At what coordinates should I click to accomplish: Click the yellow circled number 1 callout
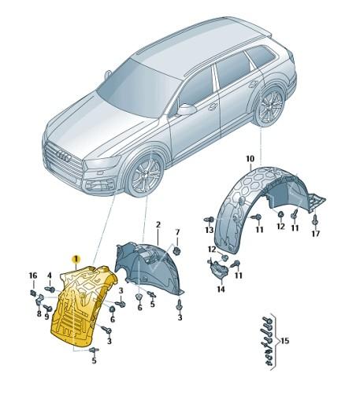pos(76,258)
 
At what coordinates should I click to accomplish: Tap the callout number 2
pos(158,225)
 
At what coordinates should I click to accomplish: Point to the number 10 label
pos(249,160)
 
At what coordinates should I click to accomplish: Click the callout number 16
pos(32,275)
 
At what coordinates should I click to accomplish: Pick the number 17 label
pos(315,233)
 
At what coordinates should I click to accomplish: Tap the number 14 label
pos(221,290)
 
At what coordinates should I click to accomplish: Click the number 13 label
pos(210,230)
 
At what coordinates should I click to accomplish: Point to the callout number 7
pos(177,232)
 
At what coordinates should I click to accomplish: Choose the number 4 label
pos(50,275)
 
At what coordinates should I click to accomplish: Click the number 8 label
pos(37,313)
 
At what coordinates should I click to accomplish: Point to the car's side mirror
pos(187,110)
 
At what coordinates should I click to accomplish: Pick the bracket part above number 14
pos(218,270)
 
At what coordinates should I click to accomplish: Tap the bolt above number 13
pos(208,217)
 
